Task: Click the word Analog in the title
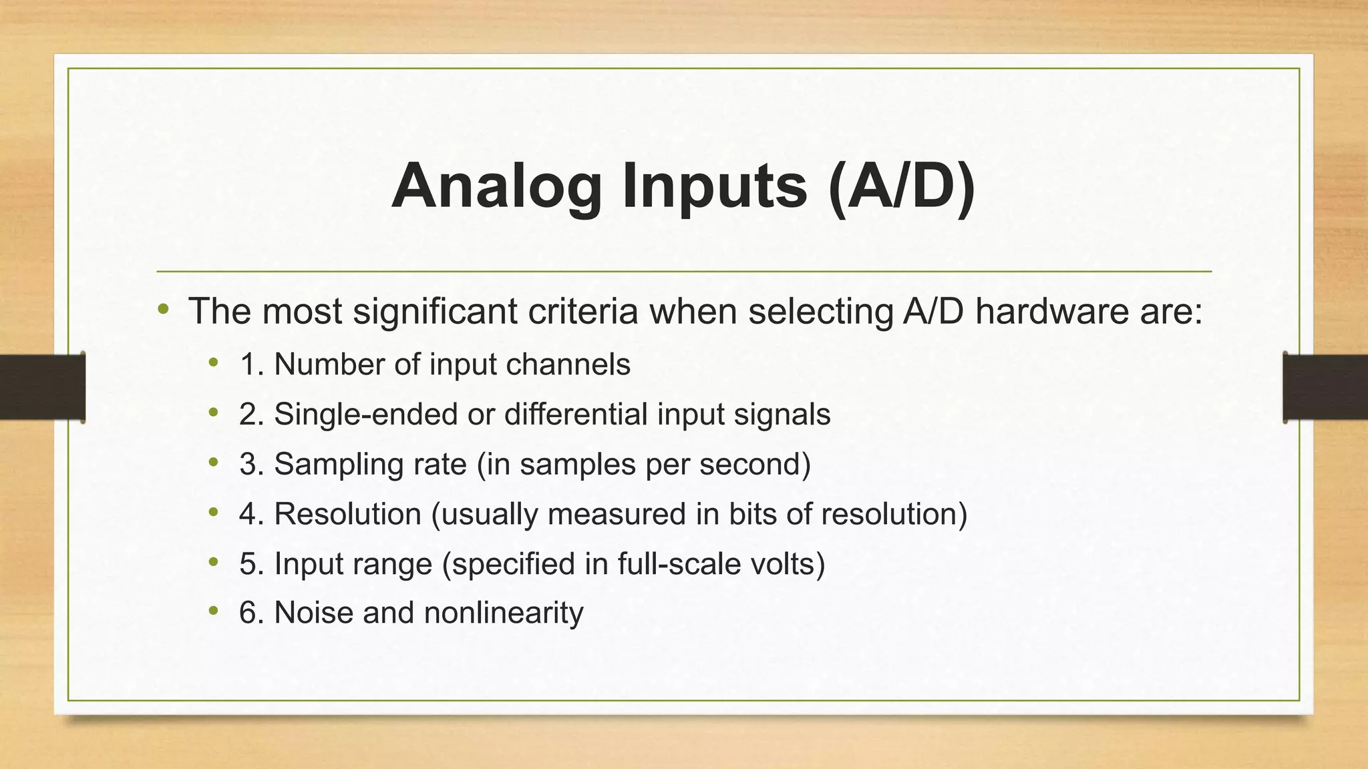496,187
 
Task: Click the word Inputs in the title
714,187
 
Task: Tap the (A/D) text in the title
901,187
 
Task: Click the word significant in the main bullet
436,311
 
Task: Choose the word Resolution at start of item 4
347,514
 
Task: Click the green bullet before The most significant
164,310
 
